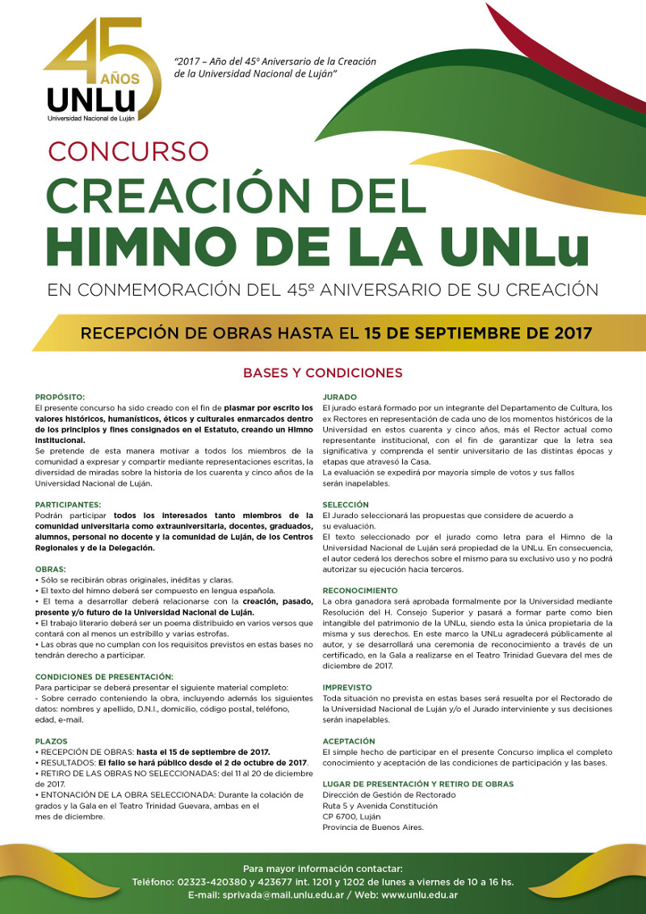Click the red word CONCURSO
128,151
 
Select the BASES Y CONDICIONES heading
323,373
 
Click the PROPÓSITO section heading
61,398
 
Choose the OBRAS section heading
51,569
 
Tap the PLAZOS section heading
52,740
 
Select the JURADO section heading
340,398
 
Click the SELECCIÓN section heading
346,504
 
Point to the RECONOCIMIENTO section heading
360,591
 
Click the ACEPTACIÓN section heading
349,740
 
